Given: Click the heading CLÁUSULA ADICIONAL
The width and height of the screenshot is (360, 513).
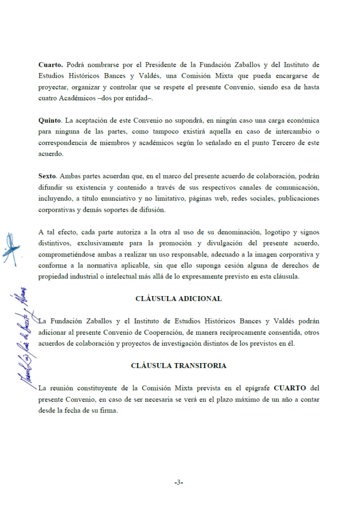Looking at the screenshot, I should (x=178, y=299).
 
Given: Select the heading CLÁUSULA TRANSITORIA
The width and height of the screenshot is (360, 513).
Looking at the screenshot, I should (x=178, y=366).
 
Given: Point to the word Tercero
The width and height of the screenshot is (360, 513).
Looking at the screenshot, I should (x=278, y=143).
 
